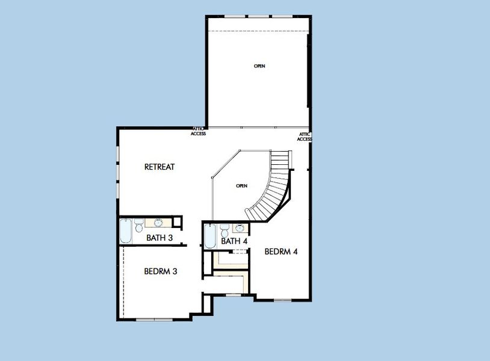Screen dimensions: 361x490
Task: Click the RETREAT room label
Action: click(160, 167)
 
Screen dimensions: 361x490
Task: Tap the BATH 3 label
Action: click(160, 238)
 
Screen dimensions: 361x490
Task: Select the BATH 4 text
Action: click(234, 241)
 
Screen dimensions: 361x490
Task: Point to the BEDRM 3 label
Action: click(160, 271)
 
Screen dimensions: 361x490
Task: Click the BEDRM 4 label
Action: click(281, 251)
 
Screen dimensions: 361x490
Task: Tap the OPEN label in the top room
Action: click(259, 66)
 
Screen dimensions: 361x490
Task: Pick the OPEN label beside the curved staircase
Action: click(242, 186)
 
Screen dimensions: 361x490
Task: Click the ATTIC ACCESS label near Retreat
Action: click(199, 131)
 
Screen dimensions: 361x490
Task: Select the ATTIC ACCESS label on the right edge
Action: click(305, 137)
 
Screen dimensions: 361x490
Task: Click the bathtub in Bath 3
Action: click(126, 232)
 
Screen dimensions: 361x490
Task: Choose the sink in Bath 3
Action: click(158, 222)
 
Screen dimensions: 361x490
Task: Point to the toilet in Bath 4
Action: click(224, 230)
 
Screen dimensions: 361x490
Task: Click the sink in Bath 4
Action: click(240, 228)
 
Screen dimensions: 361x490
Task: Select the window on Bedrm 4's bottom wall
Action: click(282, 299)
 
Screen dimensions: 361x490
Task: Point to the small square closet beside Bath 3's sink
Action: click(177, 221)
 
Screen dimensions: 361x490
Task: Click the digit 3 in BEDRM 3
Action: click(175, 271)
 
